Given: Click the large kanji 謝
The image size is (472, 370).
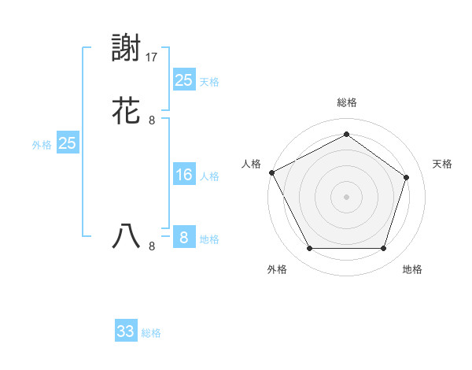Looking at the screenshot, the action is (127, 50).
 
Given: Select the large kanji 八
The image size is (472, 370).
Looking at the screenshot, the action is (127, 237).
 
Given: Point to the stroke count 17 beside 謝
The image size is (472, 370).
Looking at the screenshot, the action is (153, 57).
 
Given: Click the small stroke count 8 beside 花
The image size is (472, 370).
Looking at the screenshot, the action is (152, 120).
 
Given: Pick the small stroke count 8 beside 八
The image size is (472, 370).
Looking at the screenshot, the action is (152, 246).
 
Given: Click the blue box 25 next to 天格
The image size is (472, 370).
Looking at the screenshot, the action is (183, 80).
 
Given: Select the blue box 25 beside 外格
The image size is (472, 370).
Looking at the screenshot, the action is (67, 143).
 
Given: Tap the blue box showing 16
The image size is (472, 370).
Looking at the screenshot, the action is (183, 175).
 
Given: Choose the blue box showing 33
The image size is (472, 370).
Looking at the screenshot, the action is (126, 331).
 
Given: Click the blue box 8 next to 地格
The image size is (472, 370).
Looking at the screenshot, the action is (183, 238).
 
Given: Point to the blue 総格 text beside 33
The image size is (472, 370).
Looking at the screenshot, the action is (151, 333).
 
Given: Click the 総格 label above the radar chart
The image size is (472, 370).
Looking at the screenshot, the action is (346, 102).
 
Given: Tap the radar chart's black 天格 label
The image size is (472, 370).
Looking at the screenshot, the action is (442, 164).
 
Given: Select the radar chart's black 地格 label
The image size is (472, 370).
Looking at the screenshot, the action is (412, 270).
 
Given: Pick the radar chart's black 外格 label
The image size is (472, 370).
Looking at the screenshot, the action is (277, 270).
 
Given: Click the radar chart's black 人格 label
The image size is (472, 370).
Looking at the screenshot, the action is (251, 164).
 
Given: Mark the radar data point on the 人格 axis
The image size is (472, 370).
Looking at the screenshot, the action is (271, 172).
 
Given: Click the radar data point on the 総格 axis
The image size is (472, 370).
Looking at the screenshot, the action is (346, 135).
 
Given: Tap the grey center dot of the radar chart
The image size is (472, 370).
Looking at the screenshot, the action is (346, 196).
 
